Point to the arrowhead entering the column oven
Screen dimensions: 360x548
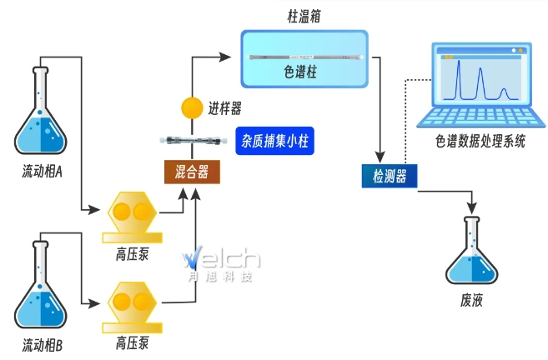click(x=224, y=57)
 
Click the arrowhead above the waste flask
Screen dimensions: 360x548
click(x=472, y=205)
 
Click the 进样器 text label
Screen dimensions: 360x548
click(x=225, y=107)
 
